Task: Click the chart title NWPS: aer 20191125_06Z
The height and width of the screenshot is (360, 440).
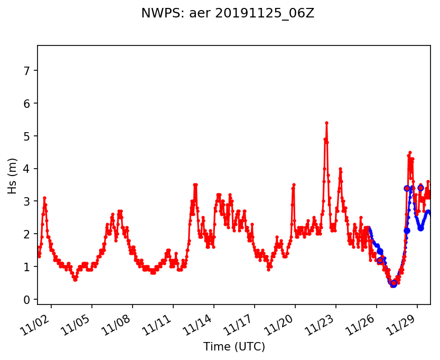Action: [x=228, y=14]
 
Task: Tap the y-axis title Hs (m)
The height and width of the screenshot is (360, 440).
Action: [x=13, y=176]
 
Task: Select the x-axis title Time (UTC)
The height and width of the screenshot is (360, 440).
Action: [x=234, y=347]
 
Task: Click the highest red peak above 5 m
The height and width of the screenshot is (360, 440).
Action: [x=326, y=123]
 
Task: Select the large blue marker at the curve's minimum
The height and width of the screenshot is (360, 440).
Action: [x=393, y=284]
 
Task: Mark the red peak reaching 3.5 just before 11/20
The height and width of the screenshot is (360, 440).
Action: [x=294, y=184]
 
